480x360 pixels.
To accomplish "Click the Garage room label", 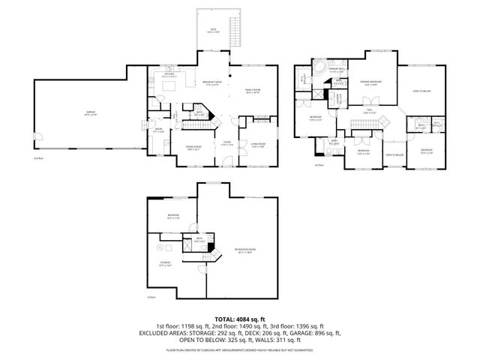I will click(x=90, y=113).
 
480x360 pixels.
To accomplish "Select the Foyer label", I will click(x=226, y=142).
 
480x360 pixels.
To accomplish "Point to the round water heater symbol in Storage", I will click(x=159, y=246).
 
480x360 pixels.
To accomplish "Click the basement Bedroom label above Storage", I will click(x=173, y=217).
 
